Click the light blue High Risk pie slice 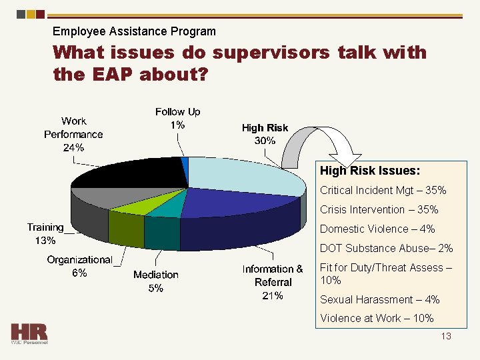pos(247,175)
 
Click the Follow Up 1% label pos(177,119)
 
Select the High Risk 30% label pos(265,134)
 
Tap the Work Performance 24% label pos(73,134)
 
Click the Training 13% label pos(45,234)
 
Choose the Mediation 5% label pos(155,281)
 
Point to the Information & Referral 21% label pos(273,282)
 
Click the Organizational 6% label pos(79,266)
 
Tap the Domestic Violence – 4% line pos(377,229)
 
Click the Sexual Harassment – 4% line pos(380,299)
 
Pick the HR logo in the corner pos(29,333)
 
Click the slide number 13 pos(446,336)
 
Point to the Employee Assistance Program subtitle pos(134,31)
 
